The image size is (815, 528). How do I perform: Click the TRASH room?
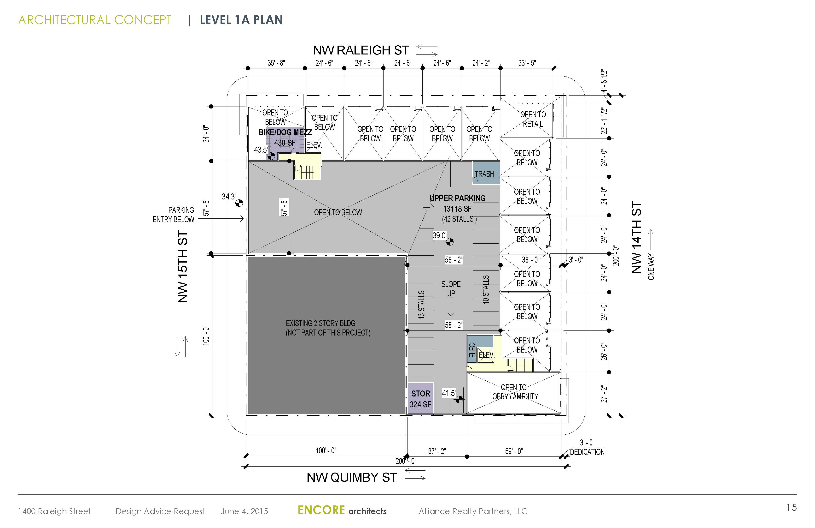(486, 173)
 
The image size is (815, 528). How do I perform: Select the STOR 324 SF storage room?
(420, 398)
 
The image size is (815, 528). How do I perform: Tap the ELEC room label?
(472, 350)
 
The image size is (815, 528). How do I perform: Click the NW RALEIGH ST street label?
(361, 50)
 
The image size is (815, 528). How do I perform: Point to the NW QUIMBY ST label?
(352, 477)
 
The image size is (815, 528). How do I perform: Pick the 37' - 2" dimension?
(437, 451)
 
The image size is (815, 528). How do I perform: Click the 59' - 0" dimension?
(514, 451)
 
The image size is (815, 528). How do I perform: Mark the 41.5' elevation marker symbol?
(459, 399)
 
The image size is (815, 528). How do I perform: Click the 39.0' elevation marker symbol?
(450, 242)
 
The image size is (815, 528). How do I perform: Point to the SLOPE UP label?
(451, 289)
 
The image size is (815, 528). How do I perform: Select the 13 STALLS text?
(422, 305)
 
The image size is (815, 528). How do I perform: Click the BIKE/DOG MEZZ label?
(285, 132)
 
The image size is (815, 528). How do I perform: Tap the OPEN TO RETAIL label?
(533, 119)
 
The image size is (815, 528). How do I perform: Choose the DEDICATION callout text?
(587, 452)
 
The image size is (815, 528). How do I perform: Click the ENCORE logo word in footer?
(321, 510)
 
